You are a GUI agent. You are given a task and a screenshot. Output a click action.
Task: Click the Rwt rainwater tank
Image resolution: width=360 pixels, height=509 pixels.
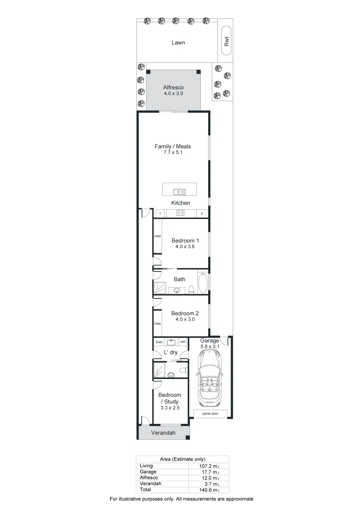point(226,41)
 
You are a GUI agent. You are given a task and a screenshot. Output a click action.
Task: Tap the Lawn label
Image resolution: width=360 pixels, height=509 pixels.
point(178,43)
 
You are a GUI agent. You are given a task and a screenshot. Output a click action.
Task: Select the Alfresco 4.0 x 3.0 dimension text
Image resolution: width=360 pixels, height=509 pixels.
point(173,94)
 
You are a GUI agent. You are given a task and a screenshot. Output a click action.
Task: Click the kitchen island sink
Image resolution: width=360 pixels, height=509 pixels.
point(179,192)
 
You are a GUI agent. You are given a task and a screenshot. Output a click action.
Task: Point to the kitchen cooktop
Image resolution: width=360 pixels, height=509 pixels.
point(180,213)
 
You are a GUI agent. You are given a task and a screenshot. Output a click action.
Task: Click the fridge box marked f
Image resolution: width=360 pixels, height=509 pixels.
point(160,213)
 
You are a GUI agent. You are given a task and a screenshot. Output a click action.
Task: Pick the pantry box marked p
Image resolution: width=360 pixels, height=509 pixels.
point(202,213)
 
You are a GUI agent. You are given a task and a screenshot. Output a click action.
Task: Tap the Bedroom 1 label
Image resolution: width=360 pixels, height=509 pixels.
point(185,240)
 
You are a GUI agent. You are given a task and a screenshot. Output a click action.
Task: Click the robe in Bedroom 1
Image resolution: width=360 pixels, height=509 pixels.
point(157,236)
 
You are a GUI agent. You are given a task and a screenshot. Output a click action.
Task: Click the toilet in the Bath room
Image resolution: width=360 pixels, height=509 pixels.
point(191,290)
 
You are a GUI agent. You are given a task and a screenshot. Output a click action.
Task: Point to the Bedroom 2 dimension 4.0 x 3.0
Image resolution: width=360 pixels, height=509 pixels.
point(185,319)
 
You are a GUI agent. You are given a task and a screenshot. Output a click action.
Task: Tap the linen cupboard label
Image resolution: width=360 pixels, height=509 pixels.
point(159,342)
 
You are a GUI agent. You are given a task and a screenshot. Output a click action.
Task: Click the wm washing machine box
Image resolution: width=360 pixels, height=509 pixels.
point(183,342)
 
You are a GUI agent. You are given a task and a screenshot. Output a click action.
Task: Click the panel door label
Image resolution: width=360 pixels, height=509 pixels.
point(210,414)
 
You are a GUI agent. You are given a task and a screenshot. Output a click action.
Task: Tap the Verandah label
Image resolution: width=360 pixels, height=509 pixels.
point(163,433)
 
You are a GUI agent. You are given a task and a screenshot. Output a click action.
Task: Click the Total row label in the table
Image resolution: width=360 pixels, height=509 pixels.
point(145,490)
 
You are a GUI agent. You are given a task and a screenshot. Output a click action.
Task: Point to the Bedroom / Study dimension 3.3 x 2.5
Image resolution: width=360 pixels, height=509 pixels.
point(170,408)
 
